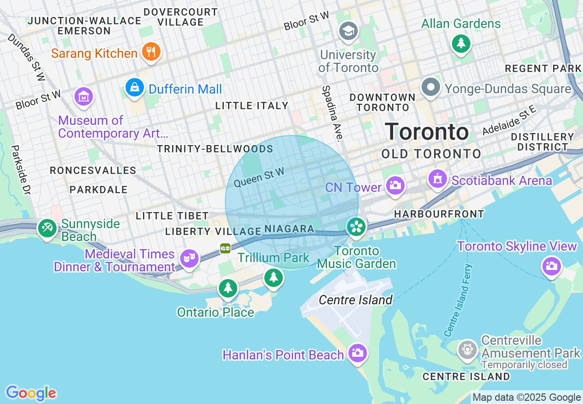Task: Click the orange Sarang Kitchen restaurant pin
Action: (150, 51)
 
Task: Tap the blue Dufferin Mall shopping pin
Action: (135, 87)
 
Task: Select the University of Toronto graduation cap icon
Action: (349, 31)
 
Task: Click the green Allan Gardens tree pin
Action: (460, 44)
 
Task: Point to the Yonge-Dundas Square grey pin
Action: (431, 87)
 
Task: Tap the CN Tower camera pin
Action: (395, 185)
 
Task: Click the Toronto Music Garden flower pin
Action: (356, 227)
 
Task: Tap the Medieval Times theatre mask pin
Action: (189, 258)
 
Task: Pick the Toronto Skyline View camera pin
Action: (551, 266)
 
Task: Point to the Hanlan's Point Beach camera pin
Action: (357, 353)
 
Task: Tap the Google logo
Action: (31, 393)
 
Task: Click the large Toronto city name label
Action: (427, 132)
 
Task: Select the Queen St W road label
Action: (259, 177)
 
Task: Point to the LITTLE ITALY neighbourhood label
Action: (252, 106)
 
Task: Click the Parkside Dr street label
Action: (20, 170)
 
